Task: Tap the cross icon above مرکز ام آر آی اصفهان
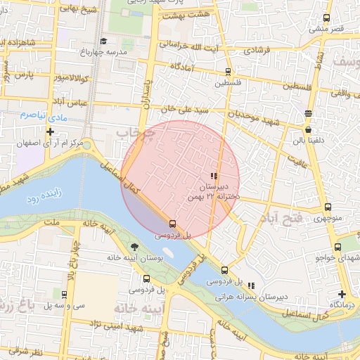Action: [50, 131]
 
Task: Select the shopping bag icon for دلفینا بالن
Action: [308, 129]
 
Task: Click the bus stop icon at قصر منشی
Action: [325, 18]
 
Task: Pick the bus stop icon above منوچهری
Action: [328, 207]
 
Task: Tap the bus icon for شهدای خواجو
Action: [338, 247]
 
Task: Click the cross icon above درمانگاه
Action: [342, 294]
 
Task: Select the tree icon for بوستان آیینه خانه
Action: [134, 247]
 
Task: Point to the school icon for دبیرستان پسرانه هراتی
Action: [251, 285]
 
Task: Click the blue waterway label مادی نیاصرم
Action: [33, 114]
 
